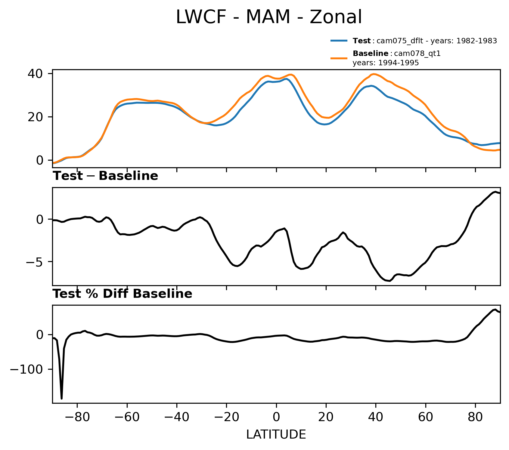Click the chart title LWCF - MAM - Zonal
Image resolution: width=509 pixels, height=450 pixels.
[268, 17]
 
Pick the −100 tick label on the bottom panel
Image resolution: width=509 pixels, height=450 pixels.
[27, 369]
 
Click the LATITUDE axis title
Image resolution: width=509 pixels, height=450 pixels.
[276, 435]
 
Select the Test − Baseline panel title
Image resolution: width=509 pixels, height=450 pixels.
[105, 176]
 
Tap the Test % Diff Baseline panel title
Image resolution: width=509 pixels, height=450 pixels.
[122, 294]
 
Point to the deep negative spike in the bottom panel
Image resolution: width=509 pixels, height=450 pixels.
[61, 398]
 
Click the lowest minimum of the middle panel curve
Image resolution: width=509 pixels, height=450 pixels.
[390, 281]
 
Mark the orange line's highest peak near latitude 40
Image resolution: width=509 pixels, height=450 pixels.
[374, 74]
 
